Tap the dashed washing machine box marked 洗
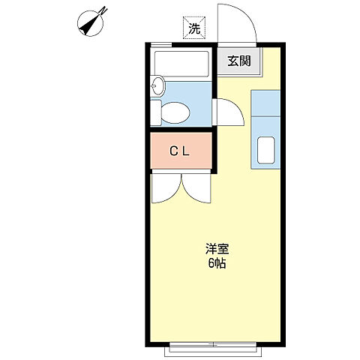coord(194,29)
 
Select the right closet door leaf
coord(196,187)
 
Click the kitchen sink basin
coord(266,150)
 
